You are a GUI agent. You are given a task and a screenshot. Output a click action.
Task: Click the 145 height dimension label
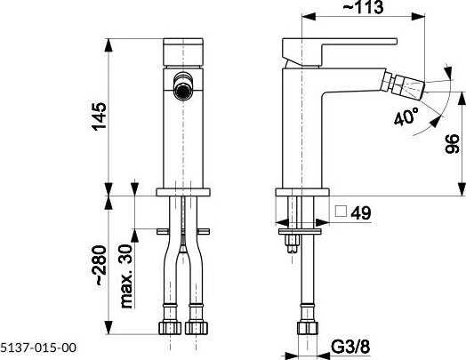[100, 116]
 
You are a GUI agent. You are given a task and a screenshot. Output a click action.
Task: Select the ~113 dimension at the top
[363, 7]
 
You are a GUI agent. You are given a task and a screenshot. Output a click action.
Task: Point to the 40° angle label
[406, 116]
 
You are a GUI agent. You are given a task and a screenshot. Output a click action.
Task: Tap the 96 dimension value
[453, 144]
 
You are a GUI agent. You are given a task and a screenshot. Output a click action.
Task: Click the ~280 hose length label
[100, 266]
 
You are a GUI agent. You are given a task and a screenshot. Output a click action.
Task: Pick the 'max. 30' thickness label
[126, 276]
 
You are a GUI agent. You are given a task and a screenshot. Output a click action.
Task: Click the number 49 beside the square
[361, 213]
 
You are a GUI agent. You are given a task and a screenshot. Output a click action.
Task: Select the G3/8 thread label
[350, 347]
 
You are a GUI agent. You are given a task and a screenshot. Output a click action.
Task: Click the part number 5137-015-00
[38, 348]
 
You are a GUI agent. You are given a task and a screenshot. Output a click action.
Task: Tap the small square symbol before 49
[341, 212]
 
